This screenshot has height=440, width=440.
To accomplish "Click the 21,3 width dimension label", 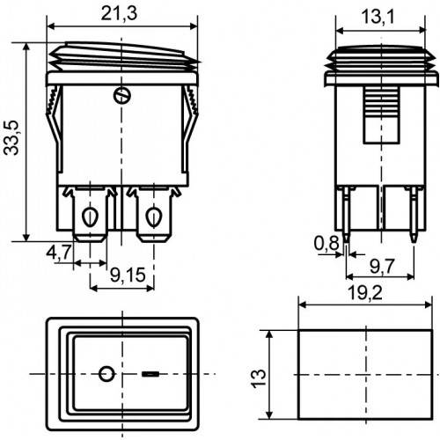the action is click(119, 14).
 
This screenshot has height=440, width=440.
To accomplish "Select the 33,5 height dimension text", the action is click(11, 137).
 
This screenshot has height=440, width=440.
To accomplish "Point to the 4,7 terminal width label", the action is click(59, 253).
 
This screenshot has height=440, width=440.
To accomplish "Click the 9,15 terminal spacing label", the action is click(128, 275).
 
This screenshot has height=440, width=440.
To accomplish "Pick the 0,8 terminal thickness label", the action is click(326, 243).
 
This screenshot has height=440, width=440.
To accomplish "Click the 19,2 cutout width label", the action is click(365, 293).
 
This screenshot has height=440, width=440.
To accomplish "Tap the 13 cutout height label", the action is click(259, 378).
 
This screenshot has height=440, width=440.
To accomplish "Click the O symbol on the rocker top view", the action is click(106, 374).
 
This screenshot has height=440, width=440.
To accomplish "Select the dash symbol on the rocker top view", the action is click(150, 374).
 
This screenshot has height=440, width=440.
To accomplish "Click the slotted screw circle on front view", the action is click(122, 95).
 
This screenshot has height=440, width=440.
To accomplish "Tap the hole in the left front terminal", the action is click(90, 217).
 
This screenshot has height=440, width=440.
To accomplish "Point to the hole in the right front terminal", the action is click(153, 217).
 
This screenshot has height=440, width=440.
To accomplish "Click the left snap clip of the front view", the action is click(55, 128).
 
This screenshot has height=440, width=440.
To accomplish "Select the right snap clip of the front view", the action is click(190, 128).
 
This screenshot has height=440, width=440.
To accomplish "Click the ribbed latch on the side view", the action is click(381, 115).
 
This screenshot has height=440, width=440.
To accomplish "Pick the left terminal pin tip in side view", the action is click(347, 241).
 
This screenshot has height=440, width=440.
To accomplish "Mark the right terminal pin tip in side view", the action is click(414, 241).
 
